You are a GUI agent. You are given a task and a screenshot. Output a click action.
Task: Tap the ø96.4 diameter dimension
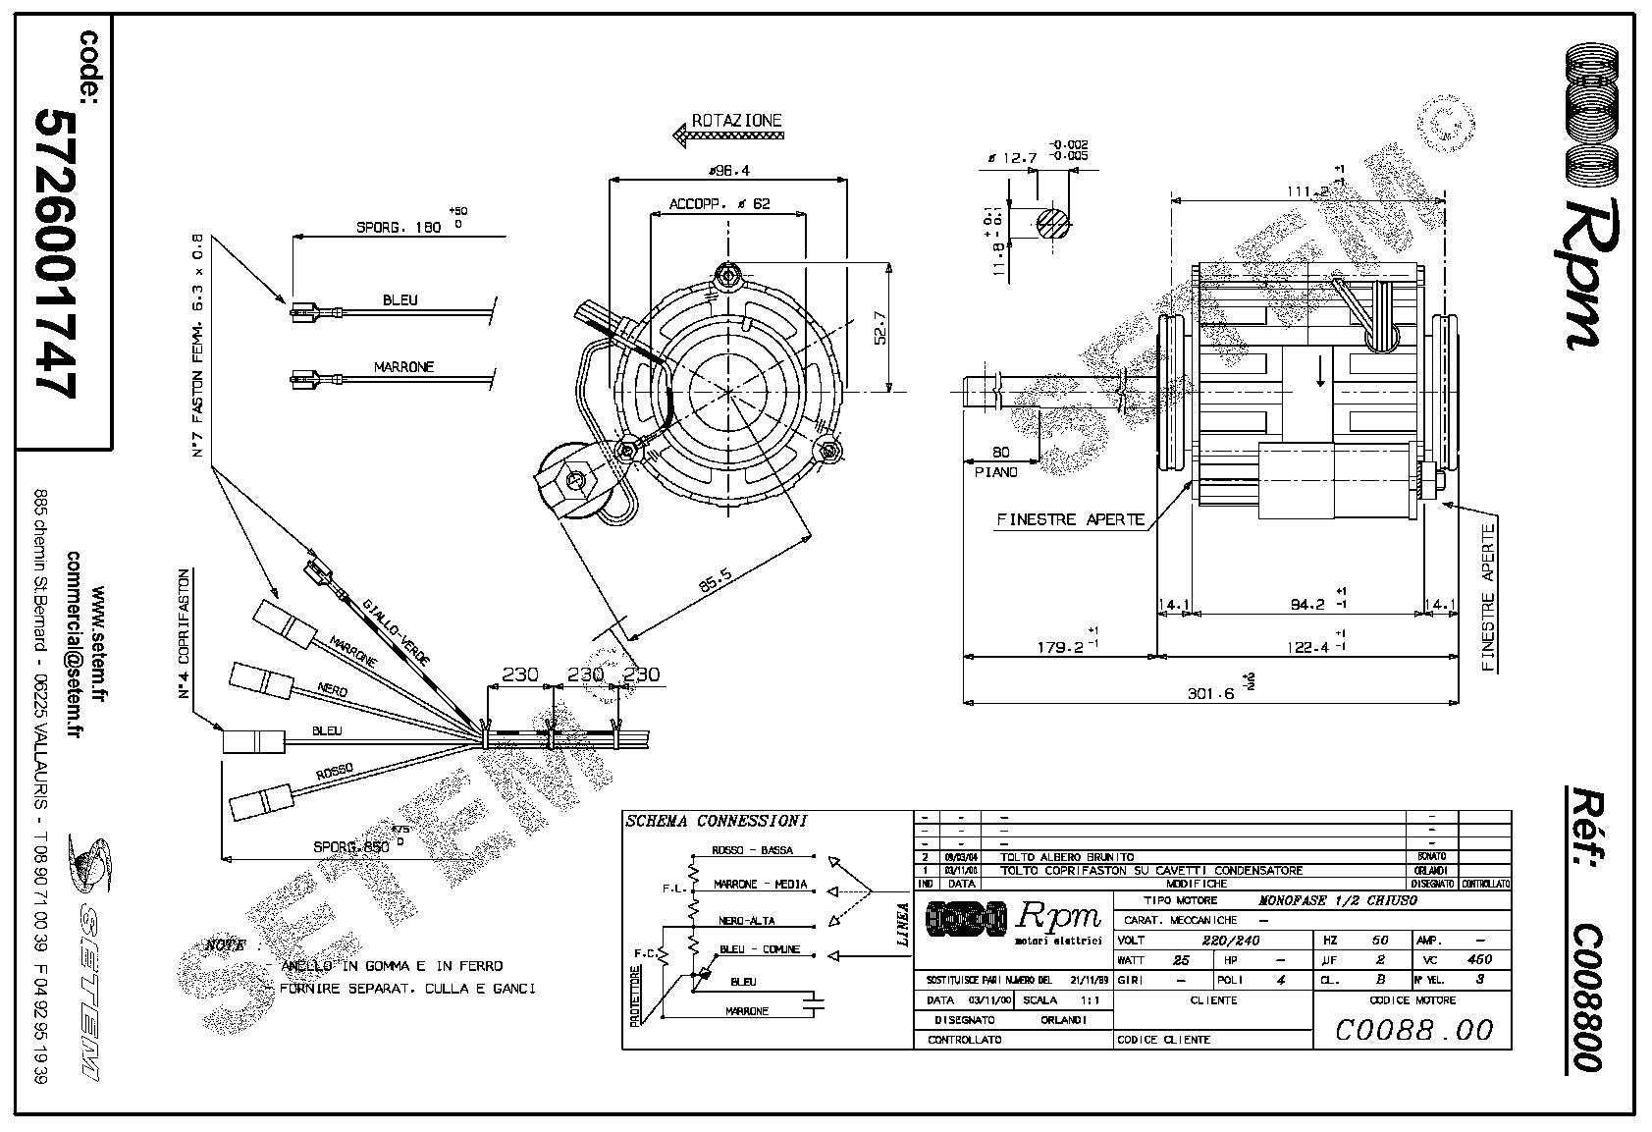click(728, 170)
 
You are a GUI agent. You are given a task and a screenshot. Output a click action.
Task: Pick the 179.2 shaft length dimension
click(1059, 647)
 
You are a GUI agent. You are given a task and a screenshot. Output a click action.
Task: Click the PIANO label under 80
click(996, 472)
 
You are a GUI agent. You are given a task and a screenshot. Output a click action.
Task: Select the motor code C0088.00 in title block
click(1413, 1029)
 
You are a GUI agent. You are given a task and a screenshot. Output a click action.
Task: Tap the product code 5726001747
click(56, 251)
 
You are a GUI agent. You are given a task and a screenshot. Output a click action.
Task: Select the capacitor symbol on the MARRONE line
click(814, 1003)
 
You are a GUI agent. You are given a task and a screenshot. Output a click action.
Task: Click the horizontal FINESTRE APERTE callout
click(1070, 519)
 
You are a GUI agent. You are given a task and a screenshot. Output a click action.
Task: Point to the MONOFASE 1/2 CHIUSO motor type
click(1338, 900)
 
